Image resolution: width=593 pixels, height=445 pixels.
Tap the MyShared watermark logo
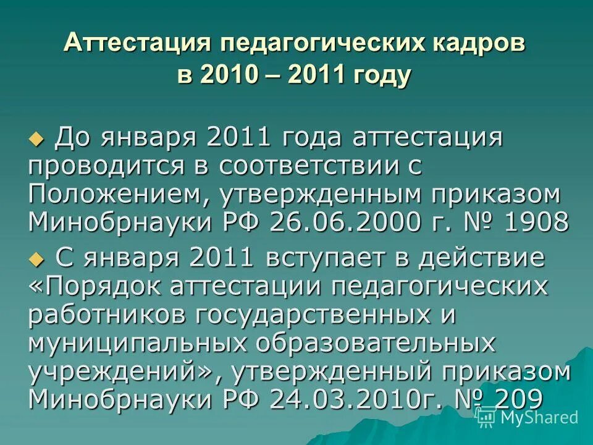(529, 418)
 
